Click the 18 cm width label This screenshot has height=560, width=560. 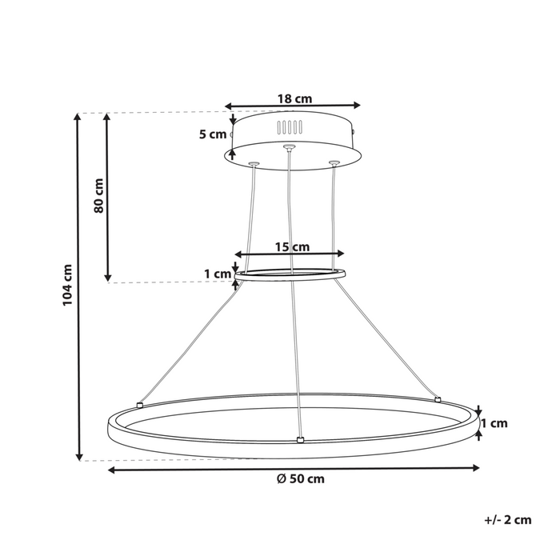point(293,99)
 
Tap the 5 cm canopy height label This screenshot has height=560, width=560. point(213,134)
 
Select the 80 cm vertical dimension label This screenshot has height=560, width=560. point(98,194)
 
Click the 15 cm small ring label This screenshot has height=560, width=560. point(293,247)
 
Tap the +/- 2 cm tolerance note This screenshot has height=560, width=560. point(508,520)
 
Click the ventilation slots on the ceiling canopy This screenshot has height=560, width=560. point(290,127)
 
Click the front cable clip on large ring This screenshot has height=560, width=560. point(298,439)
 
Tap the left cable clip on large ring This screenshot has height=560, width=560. point(139,405)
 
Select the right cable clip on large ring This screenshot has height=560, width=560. point(438,398)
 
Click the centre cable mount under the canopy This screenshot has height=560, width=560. point(289,146)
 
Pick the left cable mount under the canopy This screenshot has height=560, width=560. point(254,163)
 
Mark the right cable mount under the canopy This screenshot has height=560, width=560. point(333,164)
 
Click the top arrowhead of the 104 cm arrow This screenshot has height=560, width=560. point(78,117)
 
